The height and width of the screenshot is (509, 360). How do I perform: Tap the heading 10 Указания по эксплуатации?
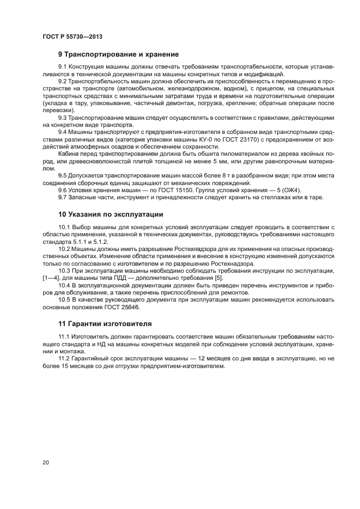[x=111, y=214]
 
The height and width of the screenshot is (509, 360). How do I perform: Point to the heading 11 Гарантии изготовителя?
[x=105, y=323]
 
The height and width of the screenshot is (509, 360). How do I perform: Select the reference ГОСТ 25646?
[x=124, y=307]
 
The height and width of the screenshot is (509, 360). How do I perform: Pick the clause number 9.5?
[x=63, y=175]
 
